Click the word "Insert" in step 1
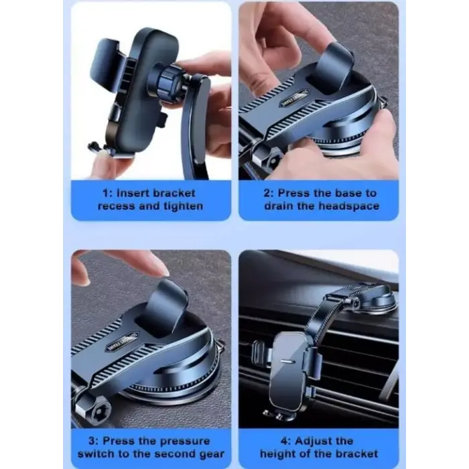(133, 193)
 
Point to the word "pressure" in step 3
(185, 441)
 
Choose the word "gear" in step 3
(211, 454)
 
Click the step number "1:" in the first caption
(107, 193)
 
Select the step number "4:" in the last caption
(285, 441)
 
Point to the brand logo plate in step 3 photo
(123, 342)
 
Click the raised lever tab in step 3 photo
(170, 304)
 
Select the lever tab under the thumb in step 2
(335, 66)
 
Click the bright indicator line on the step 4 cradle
(287, 361)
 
